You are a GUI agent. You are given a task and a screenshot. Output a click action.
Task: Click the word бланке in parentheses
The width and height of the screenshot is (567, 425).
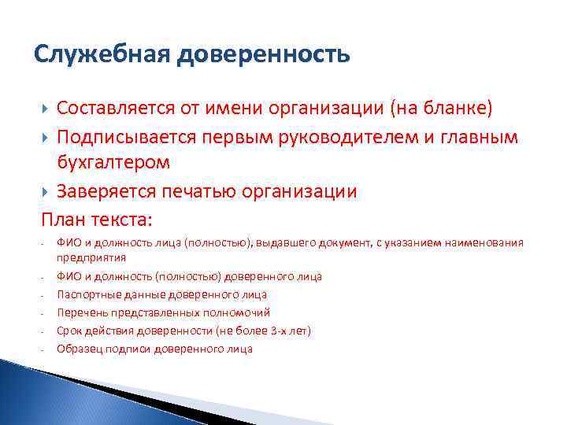coord(460,108)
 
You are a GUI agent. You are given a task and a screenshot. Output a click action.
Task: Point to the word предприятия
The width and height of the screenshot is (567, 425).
coord(91,257)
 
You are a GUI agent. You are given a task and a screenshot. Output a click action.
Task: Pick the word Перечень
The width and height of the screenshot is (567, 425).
coord(80,312)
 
